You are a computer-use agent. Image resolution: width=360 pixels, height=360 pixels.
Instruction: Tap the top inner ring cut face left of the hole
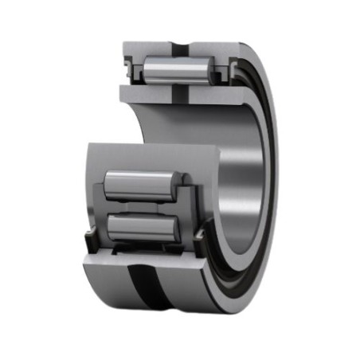[147, 92]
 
